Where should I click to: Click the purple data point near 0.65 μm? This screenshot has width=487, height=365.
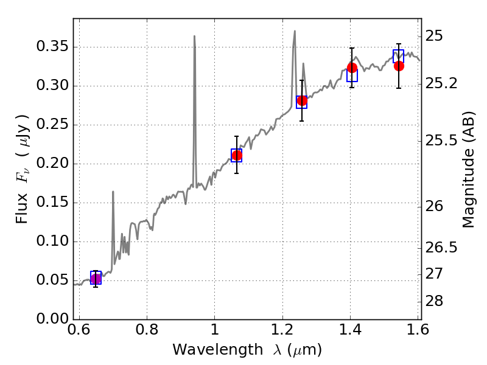click(x=96, y=279)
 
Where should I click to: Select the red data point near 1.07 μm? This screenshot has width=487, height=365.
click(x=237, y=156)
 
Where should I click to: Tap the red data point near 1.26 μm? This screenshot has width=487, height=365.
click(x=302, y=100)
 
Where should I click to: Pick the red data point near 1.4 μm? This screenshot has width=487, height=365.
click(x=352, y=68)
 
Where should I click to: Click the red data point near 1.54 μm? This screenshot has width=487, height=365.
click(x=399, y=66)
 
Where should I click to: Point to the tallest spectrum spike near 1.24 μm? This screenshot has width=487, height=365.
click(x=295, y=31)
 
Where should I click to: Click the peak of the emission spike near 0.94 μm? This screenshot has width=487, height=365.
click(x=194, y=36)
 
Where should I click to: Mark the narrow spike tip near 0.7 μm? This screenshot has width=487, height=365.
click(x=113, y=192)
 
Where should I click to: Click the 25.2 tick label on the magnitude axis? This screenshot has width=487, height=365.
click(x=443, y=83)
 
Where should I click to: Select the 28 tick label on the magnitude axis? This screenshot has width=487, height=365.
click(x=437, y=302)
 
